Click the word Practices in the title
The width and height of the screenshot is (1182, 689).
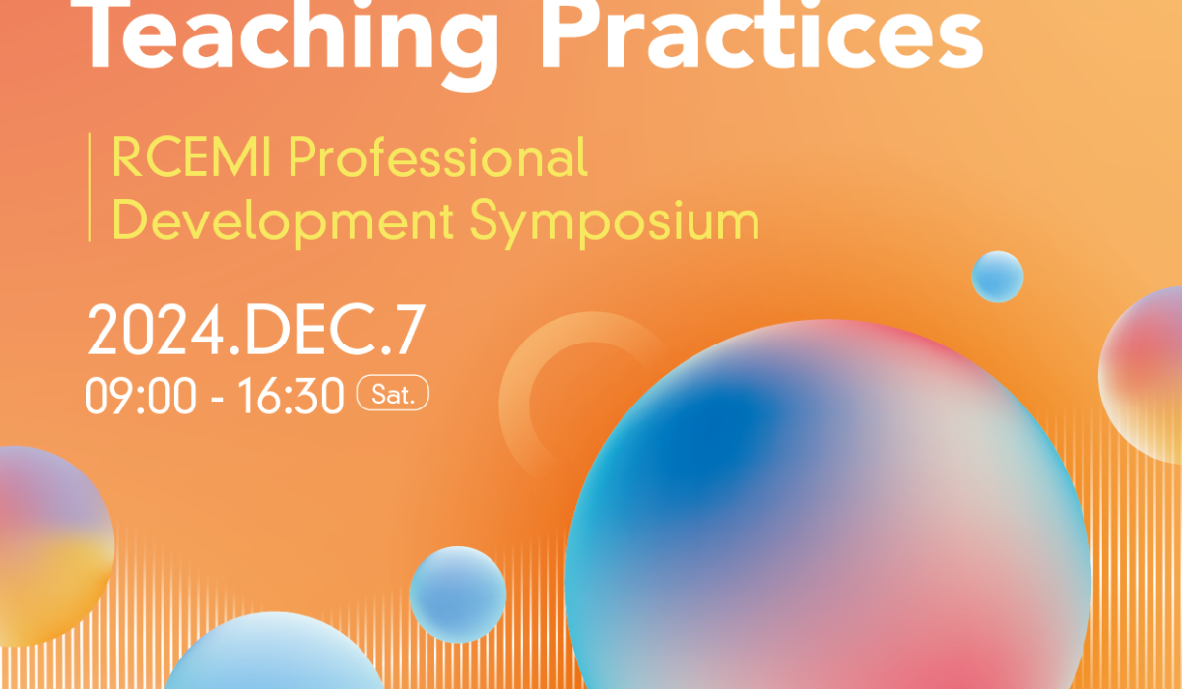point(760,34)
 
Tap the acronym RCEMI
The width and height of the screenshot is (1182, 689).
point(191,157)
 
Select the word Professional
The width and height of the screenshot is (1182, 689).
point(438,157)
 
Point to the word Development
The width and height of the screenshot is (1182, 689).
point(283,221)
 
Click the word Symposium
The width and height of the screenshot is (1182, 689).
point(615,222)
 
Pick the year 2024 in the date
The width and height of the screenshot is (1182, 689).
point(156,331)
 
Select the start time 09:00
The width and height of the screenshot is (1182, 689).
point(141,396)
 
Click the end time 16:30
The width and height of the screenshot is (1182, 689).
point(291,396)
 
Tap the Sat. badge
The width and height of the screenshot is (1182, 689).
point(393,393)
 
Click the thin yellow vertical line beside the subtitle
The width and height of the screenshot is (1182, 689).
point(90,187)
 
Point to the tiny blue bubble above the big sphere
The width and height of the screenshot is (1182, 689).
point(998,277)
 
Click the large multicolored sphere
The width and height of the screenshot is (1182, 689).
point(828,528)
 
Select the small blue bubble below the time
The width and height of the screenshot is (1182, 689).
point(458,595)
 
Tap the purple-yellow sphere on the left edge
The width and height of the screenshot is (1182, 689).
point(53,546)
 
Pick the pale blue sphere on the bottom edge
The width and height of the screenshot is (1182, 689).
point(275,654)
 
